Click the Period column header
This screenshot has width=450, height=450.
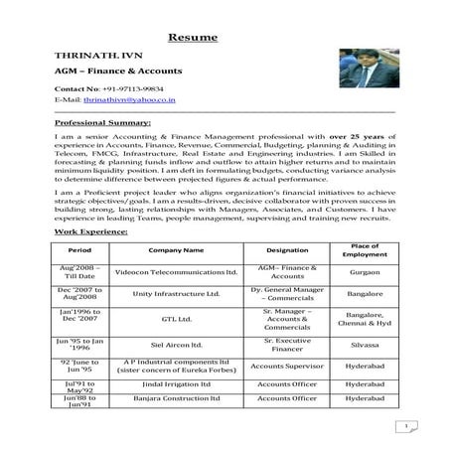pyautogui.click(x=80, y=251)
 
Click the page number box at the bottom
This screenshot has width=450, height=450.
pyautogui.click(x=407, y=427)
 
